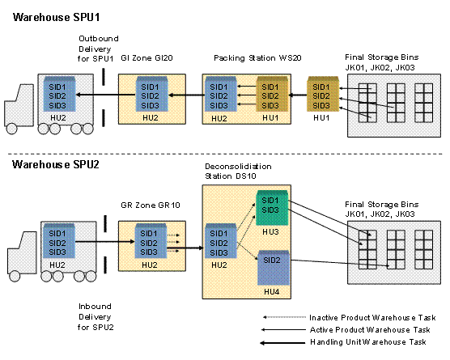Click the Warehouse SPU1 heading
coord(57,17)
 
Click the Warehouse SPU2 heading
coord(56,165)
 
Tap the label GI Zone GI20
coord(146,58)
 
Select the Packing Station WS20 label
coord(257,58)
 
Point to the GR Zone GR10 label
coord(151,205)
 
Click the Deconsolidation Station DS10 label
coord(238,171)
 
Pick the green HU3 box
coord(271,207)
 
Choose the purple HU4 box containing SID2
coord(274,268)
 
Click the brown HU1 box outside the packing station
coord(323,94)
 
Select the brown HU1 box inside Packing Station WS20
coord(272,94)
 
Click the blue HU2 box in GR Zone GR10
coord(151,240)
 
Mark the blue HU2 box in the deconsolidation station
coord(221,241)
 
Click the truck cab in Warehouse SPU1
coord(19,105)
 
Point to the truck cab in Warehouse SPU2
coord(22,253)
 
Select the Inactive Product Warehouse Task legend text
coord(372,318)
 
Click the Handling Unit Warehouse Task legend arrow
coord(282,343)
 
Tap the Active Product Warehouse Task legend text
coord(370,330)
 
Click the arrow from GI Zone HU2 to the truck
coord(105,95)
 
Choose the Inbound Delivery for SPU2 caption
coord(96,316)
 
